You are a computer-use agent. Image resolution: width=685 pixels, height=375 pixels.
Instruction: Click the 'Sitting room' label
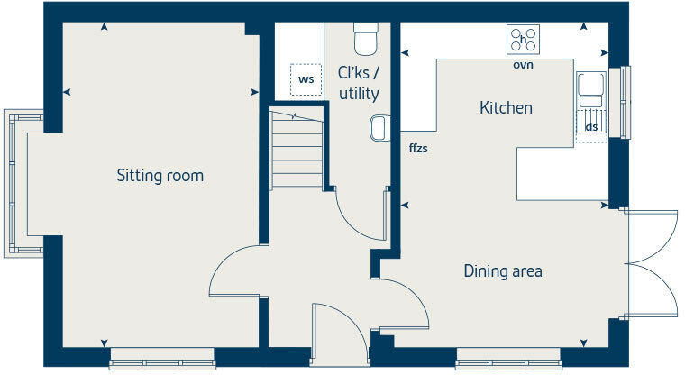160,176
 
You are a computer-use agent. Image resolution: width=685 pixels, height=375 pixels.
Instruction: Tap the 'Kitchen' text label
506,108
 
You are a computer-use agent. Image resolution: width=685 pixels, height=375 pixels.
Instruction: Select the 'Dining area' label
503,270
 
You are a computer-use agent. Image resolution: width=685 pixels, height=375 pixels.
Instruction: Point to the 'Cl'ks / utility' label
358,83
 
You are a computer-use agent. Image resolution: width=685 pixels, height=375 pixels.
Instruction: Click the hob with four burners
525,40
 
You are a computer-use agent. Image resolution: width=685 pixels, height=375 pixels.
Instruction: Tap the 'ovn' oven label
523,66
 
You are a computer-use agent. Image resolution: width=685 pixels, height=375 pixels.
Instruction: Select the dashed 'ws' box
306,79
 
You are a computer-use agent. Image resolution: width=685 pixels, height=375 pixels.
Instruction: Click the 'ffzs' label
417,148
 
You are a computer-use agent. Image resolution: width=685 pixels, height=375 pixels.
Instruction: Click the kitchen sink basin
591,85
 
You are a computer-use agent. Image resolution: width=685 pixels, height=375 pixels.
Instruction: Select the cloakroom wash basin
378,129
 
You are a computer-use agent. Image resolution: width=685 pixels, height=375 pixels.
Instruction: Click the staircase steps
297,149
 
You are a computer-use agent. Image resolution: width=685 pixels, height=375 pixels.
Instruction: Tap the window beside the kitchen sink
620,103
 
